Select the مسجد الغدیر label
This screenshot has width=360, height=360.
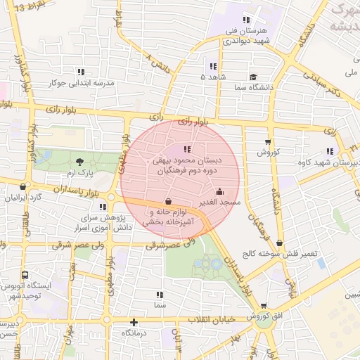click(219, 202)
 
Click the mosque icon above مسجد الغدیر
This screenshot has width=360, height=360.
click(219, 191)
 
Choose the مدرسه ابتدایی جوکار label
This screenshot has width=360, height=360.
click(80, 82)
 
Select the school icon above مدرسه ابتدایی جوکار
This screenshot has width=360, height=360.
click(81, 71)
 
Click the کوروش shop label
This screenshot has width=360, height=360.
click(268, 151)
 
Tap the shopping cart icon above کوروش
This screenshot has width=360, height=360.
click(268, 141)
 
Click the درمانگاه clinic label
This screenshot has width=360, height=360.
click(137, 332)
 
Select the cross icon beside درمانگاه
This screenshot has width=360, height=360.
click(134, 322)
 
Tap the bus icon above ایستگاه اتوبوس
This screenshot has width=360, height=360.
click(25, 275)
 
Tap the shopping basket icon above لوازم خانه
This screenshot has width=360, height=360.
click(167, 201)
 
